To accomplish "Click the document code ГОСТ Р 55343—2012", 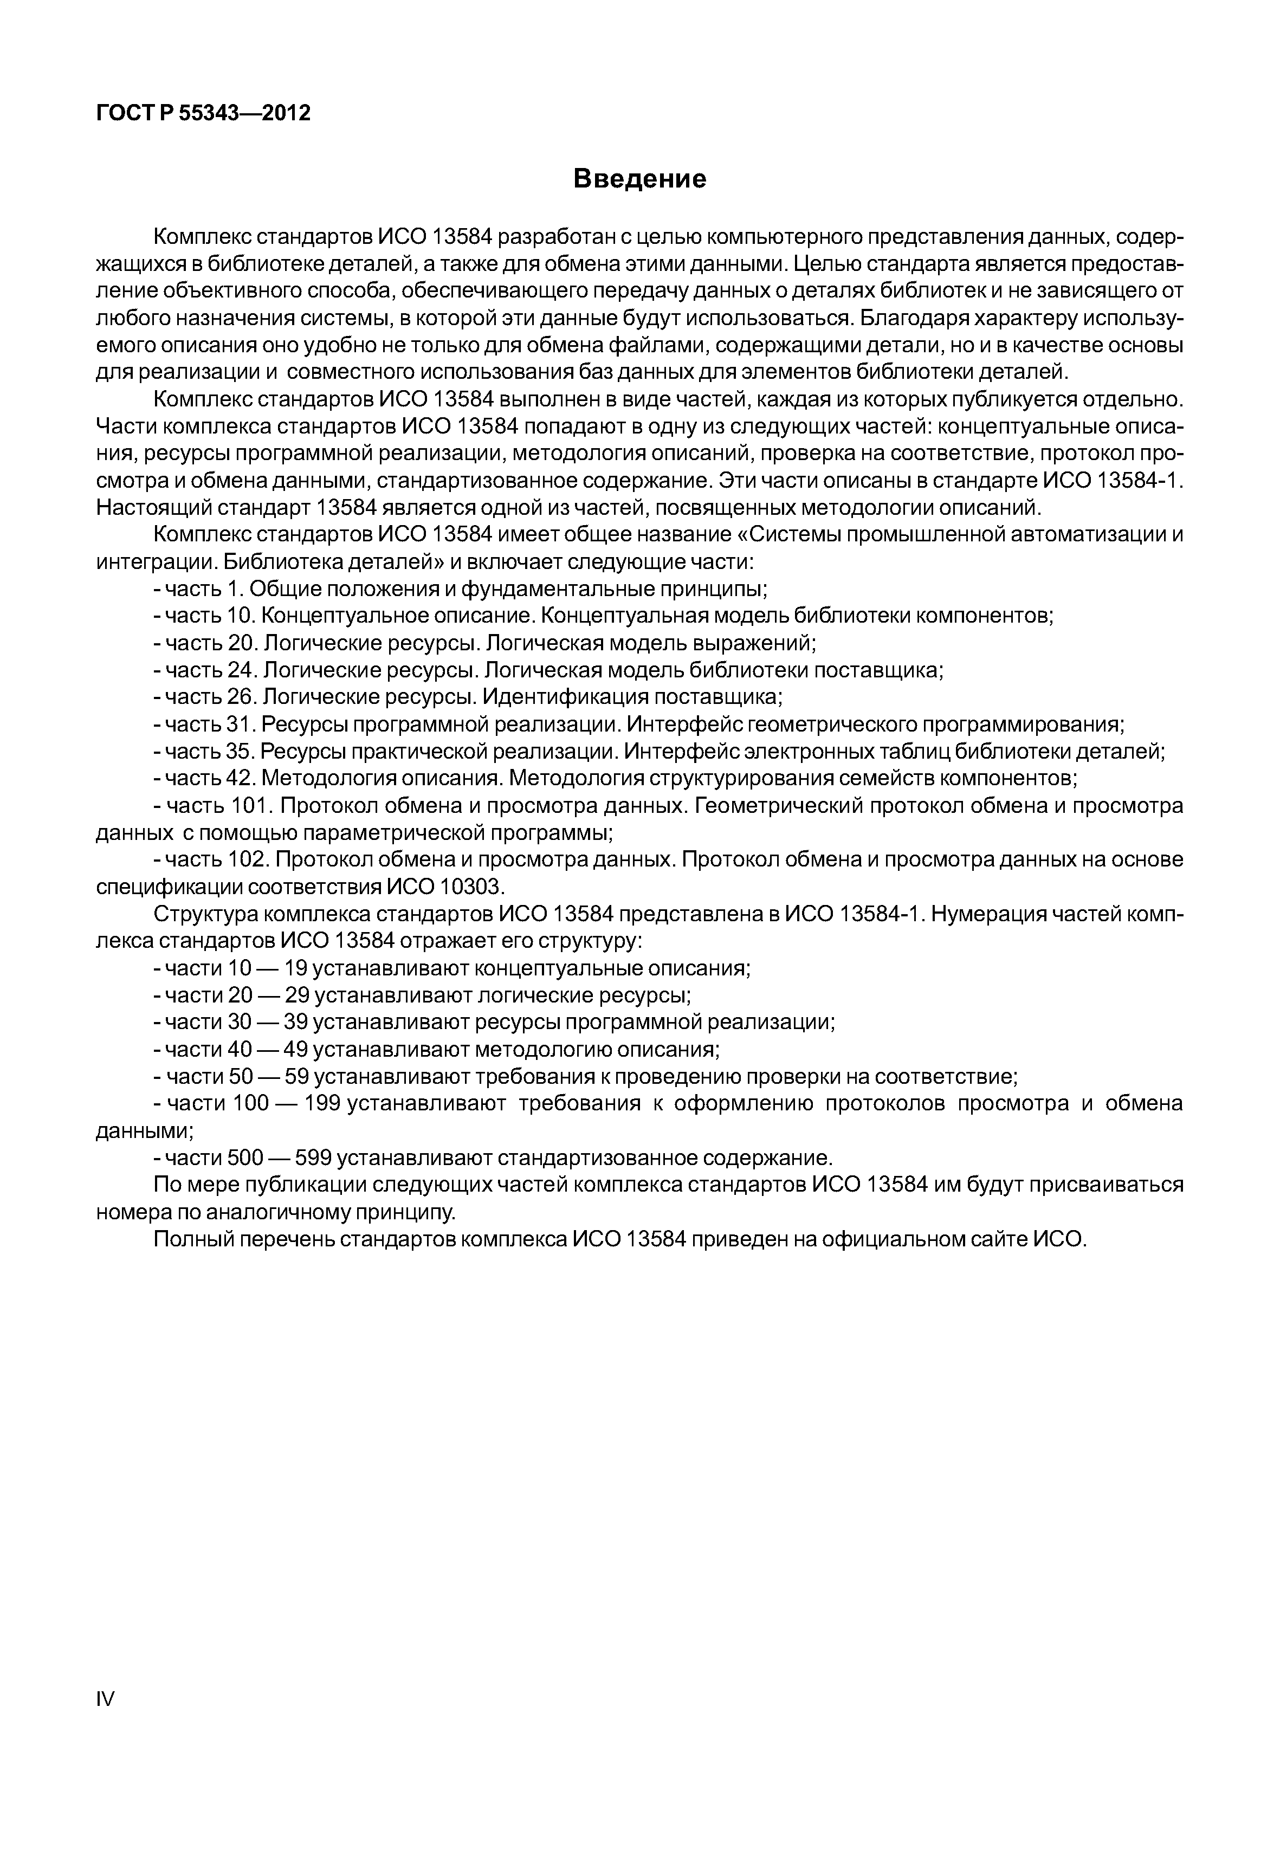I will pyautogui.click(x=203, y=113).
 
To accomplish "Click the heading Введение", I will pyautogui.click(x=640, y=179).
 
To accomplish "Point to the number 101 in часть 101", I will pyautogui.click(x=253, y=805).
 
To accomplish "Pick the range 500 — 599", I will pyautogui.click(x=279, y=1157).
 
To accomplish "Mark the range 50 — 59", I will pyautogui.click(x=269, y=1076).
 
